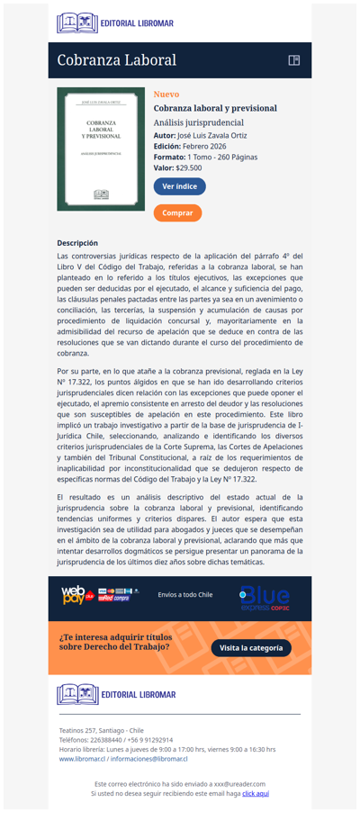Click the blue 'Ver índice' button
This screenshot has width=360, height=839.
pos(179,186)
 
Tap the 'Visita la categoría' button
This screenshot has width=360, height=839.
pos(251,647)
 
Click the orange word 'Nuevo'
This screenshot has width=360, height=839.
pos(166,94)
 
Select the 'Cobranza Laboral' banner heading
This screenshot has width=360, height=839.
pos(117,60)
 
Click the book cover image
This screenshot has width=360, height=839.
pos(101,149)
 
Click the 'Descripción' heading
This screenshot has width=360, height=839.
pos(77,243)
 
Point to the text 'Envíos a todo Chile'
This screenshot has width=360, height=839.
pos(185,595)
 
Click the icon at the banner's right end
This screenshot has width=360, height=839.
pos(293,60)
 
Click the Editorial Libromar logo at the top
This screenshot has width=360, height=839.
pos(115,23)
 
